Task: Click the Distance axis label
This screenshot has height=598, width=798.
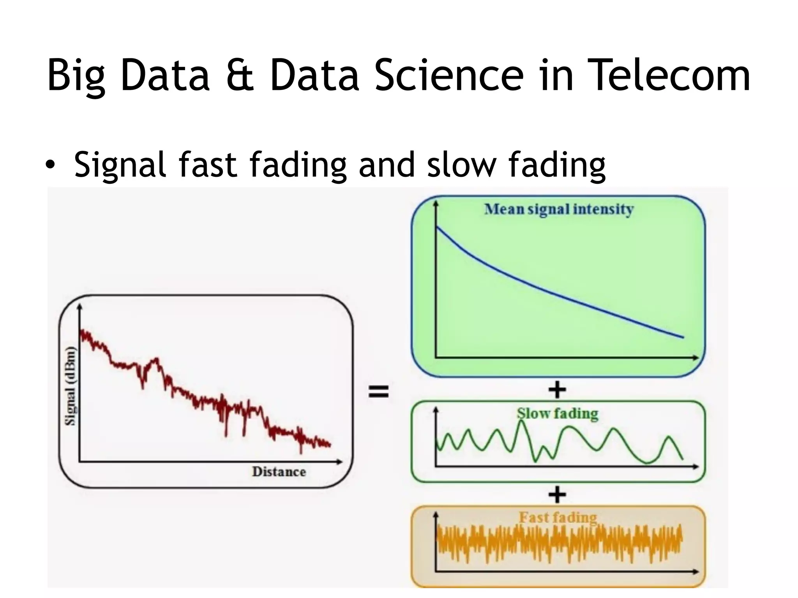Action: pyautogui.click(x=279, y=471)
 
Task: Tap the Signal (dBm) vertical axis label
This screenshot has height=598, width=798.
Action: pyautogui.click(x=71, y=385)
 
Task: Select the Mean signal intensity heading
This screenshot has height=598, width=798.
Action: pyautogui.click(x=559, y=209)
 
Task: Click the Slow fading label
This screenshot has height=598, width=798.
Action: pyautogui.click(x=557, y=413)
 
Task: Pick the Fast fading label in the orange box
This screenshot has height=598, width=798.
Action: pyautogui.click(x=558, y=517)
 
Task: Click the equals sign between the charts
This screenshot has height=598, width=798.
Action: pyautogui.click(x=378, y=391)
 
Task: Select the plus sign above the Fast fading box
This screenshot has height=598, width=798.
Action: pyautogui.click(x=557, y=495)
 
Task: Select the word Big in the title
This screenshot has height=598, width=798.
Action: pyautogui.click(x=76, y=76)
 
